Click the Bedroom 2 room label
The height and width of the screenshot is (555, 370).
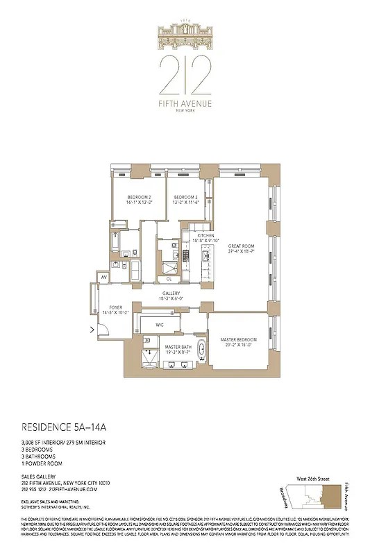coord(140,197)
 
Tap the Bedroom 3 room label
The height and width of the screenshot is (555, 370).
coord(185,197)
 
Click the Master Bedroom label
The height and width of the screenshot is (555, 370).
coord(238,339)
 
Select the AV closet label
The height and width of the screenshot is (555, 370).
coord(103,277)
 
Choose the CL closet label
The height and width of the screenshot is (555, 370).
coord(169,279)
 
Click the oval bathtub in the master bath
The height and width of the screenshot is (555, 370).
coord(202,350)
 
